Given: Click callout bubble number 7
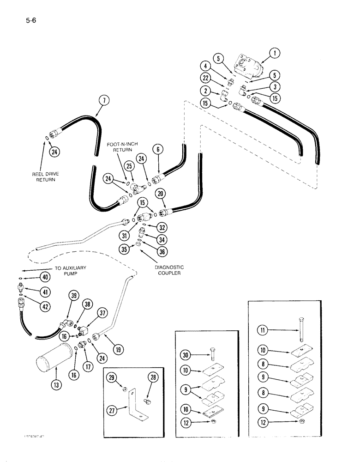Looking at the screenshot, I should tap(104, 99).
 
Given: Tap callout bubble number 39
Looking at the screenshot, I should tap(73, 296).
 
